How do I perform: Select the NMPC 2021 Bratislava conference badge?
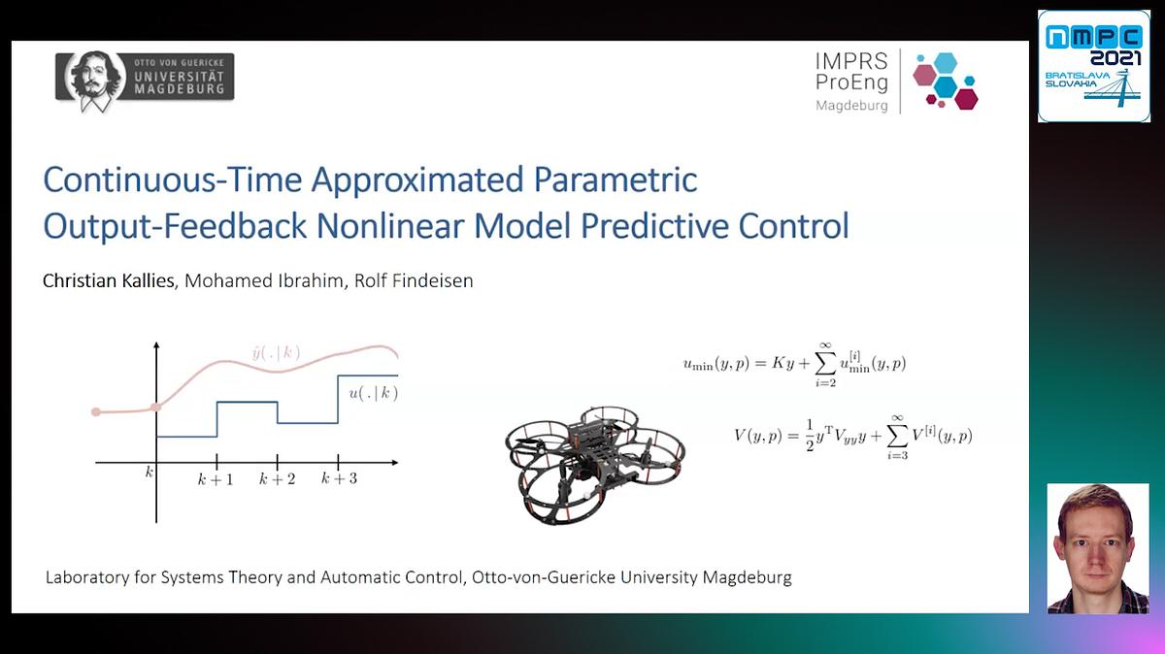[1093, 66]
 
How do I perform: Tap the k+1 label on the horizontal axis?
[216, 479]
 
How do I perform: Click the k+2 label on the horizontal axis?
[278, 479]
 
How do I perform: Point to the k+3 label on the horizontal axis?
[339, 479]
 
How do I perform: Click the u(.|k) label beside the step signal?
[374, 394]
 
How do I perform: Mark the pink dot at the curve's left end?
[95, 412]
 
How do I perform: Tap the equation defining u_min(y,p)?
[794, 364]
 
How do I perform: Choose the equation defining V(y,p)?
[852, 435]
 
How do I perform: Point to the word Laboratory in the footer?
[88, 577]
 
